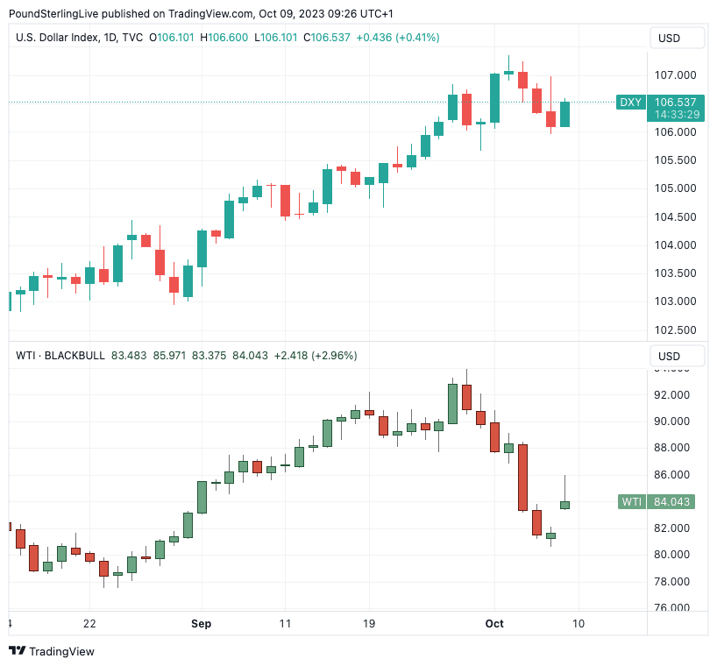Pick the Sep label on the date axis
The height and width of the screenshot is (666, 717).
click(x=201, y=623)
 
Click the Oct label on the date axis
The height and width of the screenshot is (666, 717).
click(x=494, y=623)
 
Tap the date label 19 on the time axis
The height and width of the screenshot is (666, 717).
click(x=369, y=623)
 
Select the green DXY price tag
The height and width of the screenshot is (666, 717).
click(x=630, y=103)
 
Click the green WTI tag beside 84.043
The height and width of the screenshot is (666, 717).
click(x=630, y=502)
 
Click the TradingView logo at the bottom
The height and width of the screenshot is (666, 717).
click(x=52, y=651)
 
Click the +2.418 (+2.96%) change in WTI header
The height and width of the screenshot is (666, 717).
click(x=316, y=355)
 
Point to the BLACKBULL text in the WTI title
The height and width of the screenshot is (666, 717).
click(x=75, y=355)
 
